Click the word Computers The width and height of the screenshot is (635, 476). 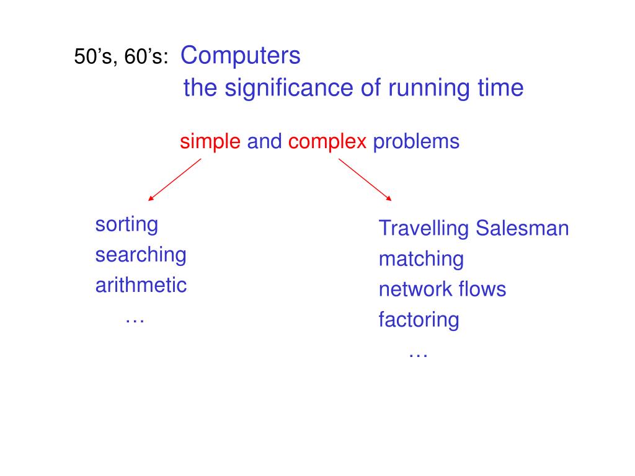click(241, 56)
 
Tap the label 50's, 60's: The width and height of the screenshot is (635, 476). click(121, 58)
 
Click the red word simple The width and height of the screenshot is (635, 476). click(210, 142)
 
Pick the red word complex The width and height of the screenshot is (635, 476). click(327, 142)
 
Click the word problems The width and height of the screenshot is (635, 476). click(415, 142)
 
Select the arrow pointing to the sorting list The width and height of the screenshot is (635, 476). click(175, 180)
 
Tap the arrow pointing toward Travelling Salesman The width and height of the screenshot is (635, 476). click(365, 180)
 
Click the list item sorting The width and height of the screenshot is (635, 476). click(127, 224)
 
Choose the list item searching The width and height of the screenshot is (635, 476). click(141, 255)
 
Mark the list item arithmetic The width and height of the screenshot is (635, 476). click(141, 285)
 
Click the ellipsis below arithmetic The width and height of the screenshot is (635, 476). click(135, 320)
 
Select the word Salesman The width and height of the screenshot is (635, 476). click(522, 228)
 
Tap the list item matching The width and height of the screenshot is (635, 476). click(421, 259)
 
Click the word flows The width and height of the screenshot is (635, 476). click(482, 289)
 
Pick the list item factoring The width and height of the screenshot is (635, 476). click(419, 320)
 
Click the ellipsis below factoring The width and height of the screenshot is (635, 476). click(419, 355)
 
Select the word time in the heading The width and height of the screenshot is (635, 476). click(500, 88)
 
